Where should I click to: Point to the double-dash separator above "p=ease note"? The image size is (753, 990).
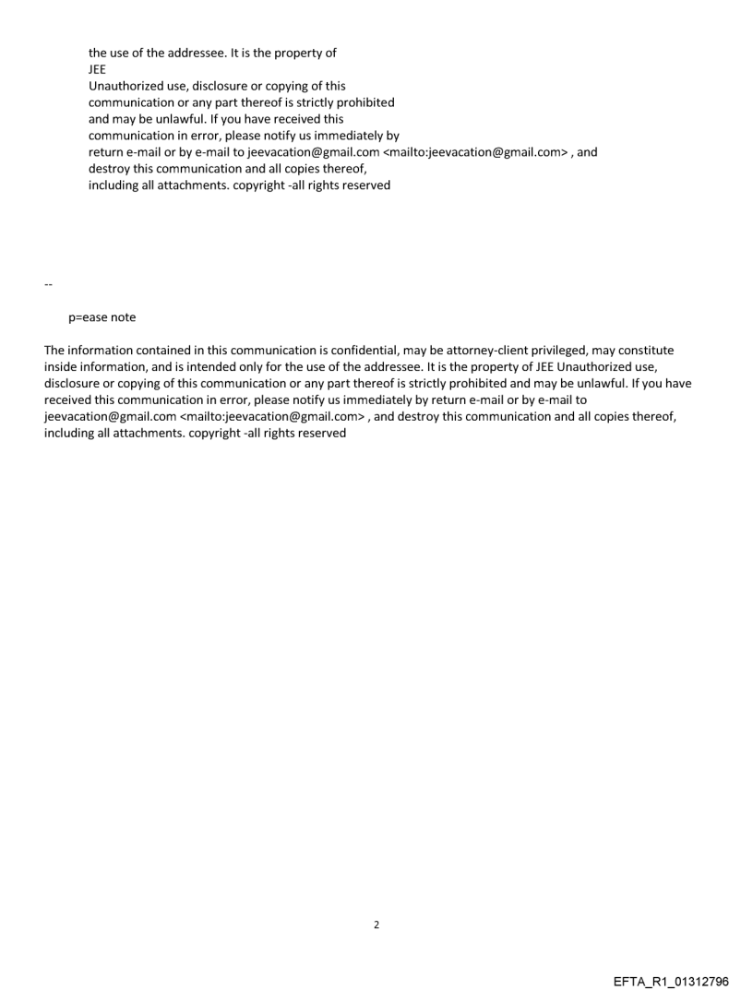47,284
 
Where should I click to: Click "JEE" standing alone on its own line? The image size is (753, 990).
98,69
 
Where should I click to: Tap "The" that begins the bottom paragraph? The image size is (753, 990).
54,351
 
